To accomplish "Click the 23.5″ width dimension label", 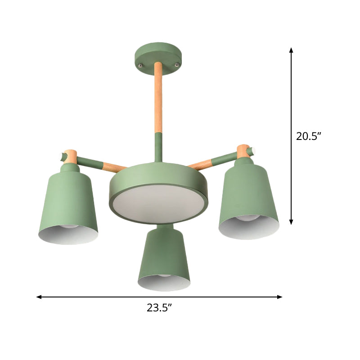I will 160,308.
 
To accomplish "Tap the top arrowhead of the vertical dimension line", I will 291,51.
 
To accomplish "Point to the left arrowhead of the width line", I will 39,297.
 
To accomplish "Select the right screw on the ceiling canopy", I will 177,65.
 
